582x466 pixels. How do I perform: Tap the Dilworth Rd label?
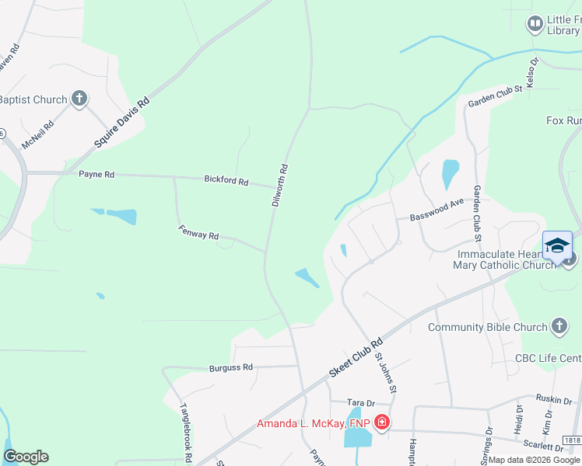click(x=280, y=185)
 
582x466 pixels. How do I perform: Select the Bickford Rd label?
click(x=226, y=180)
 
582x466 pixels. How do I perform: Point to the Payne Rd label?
click(x=96, y=175)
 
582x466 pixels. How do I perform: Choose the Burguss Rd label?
click(x=231, y=367)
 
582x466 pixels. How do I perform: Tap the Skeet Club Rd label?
click(x=356, y=358)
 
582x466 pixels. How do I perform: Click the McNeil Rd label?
click(x=37, y=134)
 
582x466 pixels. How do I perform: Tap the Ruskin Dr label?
click(x=555, y=398)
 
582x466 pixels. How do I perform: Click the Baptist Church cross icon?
click(x=79, y=99)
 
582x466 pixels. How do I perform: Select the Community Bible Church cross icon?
click(x=559, y=326)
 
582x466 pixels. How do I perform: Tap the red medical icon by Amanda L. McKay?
click(x=381, y=423)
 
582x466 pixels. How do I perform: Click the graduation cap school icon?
click(x=557, y=245)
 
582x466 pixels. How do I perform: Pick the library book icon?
click(x=535, y=24)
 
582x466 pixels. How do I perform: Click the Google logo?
click(x=26, y=457)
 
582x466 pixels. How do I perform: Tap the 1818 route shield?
click(x=573, y=440)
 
